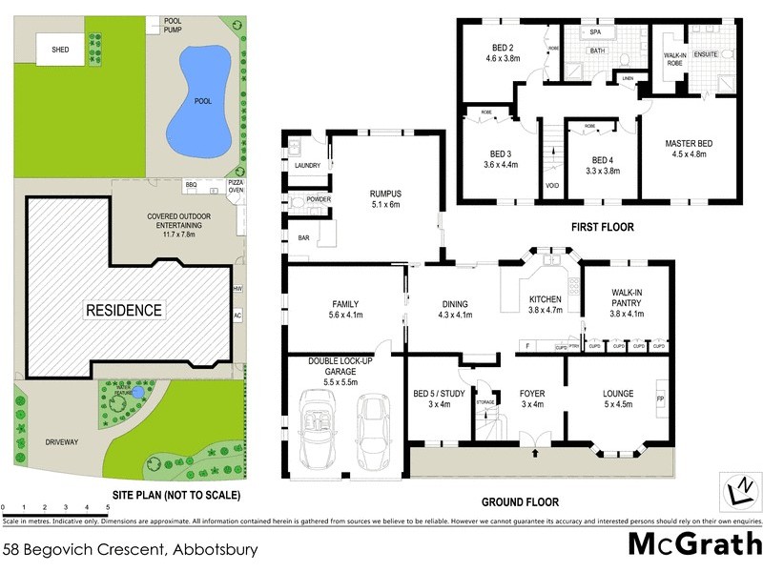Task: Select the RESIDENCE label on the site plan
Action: coord(124,310)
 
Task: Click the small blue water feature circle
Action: coord(139,391)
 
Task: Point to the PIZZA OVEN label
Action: coord(236,186)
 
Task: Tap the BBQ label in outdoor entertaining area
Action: coord(191,184)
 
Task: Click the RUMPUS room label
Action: coord(385,196)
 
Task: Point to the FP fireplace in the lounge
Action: coord(660,397)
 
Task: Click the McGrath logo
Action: coord(694,544)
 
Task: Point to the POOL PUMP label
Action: coord(173,25)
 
